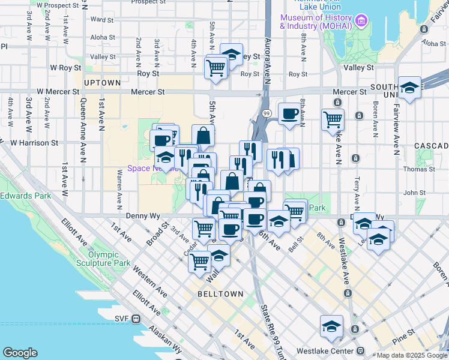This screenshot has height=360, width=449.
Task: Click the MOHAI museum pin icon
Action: pyautogui.click(x=361, y=23)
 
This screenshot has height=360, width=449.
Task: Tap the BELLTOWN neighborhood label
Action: pyautogui.click(x=220, y=294)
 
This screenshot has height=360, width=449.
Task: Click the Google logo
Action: pyautogui.click(x=20, y=353)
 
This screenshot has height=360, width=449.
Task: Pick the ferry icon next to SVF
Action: pyautogui.click(x=136, y=319)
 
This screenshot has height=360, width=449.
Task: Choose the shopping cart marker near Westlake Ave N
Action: pyautogui.click(x=332, y=118)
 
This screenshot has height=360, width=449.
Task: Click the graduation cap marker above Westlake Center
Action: pyautogui.click(x=331, y=327)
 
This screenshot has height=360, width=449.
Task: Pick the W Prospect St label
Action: pyautogui.click(x=61, y=5)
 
